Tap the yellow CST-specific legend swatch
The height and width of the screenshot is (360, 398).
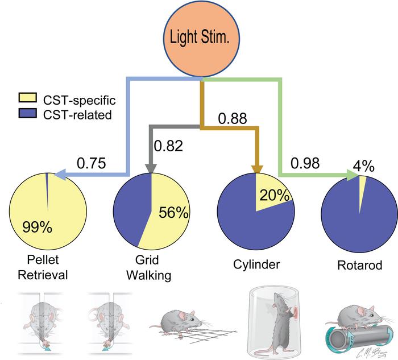[x=28, y=98]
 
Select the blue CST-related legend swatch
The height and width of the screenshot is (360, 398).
[x=28, y=113]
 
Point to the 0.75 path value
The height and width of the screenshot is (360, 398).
[x=91, y=163]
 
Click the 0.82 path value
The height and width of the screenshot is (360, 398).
[x=168, y=146]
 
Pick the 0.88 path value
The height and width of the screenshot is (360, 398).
[x=232, y=118]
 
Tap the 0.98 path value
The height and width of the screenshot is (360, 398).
[x=305, y=163]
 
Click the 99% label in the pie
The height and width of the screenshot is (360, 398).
[x=38, y=227]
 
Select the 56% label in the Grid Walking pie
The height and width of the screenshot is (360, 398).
[x=173, y=212]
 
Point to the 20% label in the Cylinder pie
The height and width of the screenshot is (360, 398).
[x=275, y=195]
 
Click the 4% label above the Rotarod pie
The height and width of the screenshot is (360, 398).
[x=363, y=167]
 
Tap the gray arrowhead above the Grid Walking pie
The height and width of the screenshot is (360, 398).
[x=151, y=168]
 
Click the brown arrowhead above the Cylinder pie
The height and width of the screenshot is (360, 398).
[x=256, y=169]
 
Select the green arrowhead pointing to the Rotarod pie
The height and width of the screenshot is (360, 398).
[x=353, y=175]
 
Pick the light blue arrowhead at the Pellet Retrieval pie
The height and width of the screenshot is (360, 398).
[x=60, y=175]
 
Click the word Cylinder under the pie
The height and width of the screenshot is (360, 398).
[x=256, y=264]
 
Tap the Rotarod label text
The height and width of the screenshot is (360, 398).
[x=360, y=265]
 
